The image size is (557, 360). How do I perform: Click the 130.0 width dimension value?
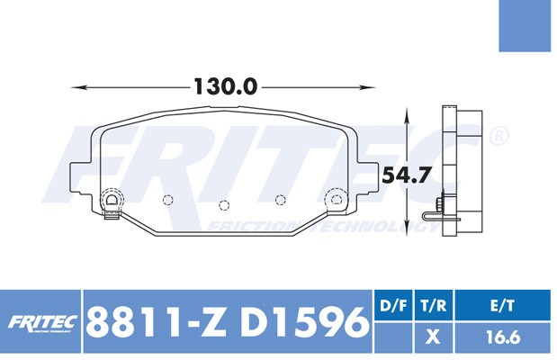225,87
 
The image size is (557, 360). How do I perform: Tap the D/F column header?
394,306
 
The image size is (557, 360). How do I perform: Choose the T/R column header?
434,306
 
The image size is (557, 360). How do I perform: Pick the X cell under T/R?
434,337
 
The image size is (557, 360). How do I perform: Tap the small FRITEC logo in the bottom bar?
40,322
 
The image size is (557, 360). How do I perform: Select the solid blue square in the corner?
527,26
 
